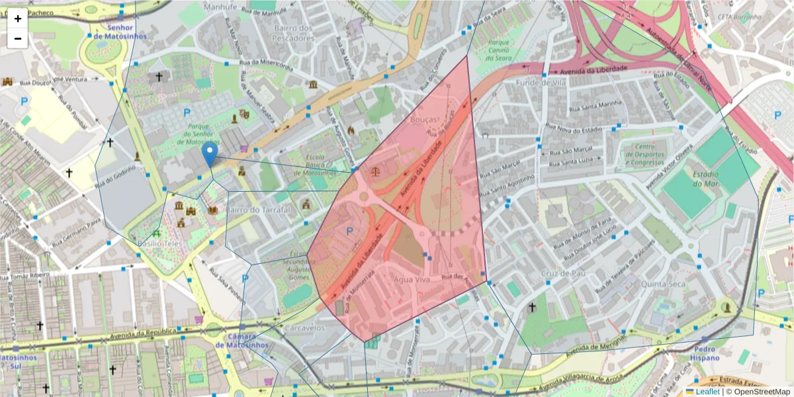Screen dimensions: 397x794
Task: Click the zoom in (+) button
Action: click(18, 19)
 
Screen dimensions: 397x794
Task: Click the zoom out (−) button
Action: click(18, 38)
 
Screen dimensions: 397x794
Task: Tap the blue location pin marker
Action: click(210, 155)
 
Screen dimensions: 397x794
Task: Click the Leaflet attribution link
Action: click(707, 391)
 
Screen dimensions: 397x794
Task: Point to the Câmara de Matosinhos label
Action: click(242, 340)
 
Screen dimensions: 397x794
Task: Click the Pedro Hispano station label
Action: click(706, 353)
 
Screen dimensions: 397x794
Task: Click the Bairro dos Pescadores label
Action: click(292, 33)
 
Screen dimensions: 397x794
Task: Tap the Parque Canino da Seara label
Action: click(498, 50)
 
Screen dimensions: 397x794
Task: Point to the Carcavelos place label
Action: click(305, 328)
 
